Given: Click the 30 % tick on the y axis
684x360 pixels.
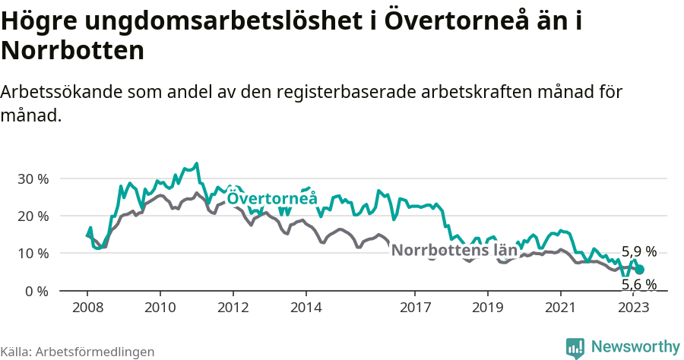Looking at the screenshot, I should [32, 179].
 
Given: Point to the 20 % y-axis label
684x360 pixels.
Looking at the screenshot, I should [32, 216].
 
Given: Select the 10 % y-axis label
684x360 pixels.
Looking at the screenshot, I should [32, 254].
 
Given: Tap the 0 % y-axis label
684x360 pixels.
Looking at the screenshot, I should [36, 291].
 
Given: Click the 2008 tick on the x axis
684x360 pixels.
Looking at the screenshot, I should [87, 308].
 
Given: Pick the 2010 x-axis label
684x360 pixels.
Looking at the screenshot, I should [160, 308].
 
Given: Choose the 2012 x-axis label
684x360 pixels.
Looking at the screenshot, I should [233, 308].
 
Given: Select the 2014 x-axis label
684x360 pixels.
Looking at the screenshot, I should [306, 308].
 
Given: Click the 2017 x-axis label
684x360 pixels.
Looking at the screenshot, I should [415, 308].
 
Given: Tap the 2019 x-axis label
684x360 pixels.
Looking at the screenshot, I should [487, 308].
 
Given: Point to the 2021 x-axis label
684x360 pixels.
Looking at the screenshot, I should [560, 308].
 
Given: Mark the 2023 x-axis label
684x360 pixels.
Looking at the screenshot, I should [633, 308].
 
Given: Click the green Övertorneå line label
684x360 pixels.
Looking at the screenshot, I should [272, 199].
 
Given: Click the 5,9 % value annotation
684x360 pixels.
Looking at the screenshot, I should [639, 251].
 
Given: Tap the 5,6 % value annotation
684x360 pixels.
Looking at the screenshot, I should [639, 285].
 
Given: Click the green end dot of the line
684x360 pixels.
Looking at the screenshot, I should [639, 270].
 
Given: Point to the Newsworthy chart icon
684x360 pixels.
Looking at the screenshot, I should [575, 347].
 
